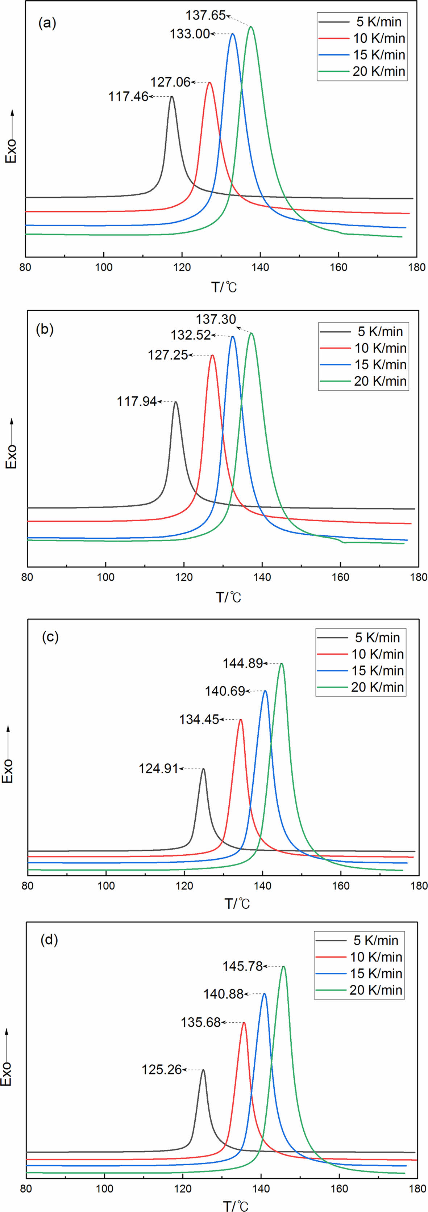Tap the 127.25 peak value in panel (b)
point(168,355)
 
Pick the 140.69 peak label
point(225,691)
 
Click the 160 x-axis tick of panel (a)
point(338,267)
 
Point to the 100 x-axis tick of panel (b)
point(105,577)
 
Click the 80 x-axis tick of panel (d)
point(26,1188)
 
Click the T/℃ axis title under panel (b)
point(228,597)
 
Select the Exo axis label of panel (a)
point(11,151)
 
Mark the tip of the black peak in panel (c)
point(203,769)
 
